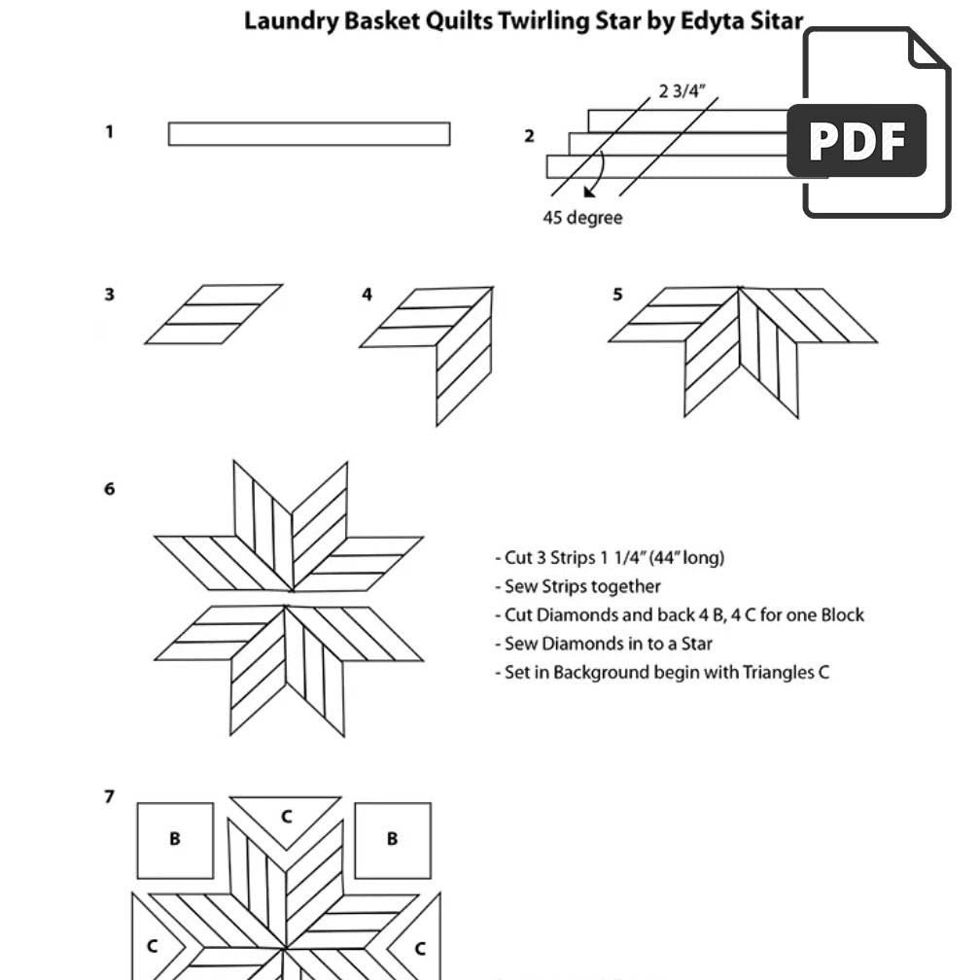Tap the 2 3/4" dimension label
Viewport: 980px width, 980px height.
[x=682, y=91]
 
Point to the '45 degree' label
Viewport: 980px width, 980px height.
[x=581, y=218]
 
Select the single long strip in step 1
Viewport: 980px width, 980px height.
[x=308, y=133]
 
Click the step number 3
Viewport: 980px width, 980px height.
[x=110, y=294]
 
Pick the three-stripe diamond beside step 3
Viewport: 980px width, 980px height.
[x=214, y=314]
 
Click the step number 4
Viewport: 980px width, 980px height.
[x=367, y=294]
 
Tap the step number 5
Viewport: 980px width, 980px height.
[x=617, y=294]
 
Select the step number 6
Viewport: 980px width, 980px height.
[x=110, y=488]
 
